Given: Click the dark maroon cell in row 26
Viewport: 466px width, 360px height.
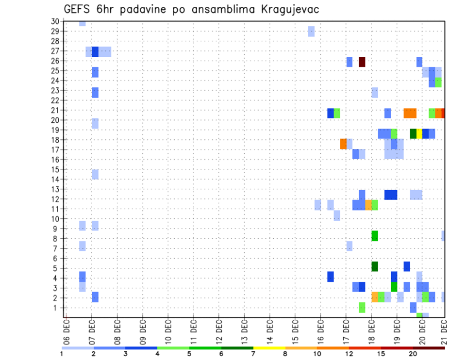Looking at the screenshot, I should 362,62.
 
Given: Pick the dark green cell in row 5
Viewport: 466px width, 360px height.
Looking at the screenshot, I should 375,266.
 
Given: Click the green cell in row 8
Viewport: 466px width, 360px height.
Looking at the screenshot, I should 375,236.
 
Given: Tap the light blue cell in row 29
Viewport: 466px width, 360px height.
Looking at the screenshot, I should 311,32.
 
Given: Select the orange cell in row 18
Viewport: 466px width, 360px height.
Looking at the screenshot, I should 343,144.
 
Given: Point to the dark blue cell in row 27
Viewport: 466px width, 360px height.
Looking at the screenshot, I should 95,52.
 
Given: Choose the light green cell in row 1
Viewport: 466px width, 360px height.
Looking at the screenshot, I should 362,307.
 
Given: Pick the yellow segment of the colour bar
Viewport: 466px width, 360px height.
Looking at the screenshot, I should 269,348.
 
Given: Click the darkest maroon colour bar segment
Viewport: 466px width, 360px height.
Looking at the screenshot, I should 429,348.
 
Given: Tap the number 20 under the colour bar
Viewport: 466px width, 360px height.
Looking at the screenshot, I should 413,354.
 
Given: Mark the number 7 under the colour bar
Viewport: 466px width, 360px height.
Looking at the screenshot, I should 253,354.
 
